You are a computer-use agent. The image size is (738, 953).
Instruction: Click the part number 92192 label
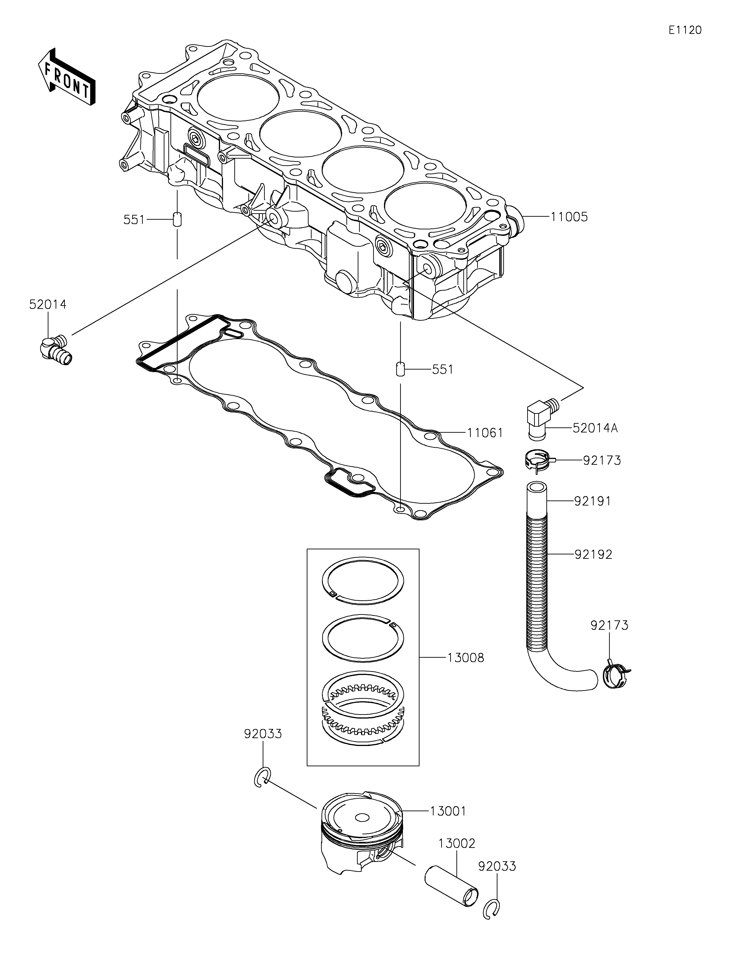(x=593, y=555)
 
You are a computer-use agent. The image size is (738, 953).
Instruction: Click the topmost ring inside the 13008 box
(x=363, y=581)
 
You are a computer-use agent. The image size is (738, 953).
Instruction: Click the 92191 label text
(x=592, y=501)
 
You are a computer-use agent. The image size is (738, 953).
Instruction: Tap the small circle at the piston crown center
(x=362, y=818)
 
